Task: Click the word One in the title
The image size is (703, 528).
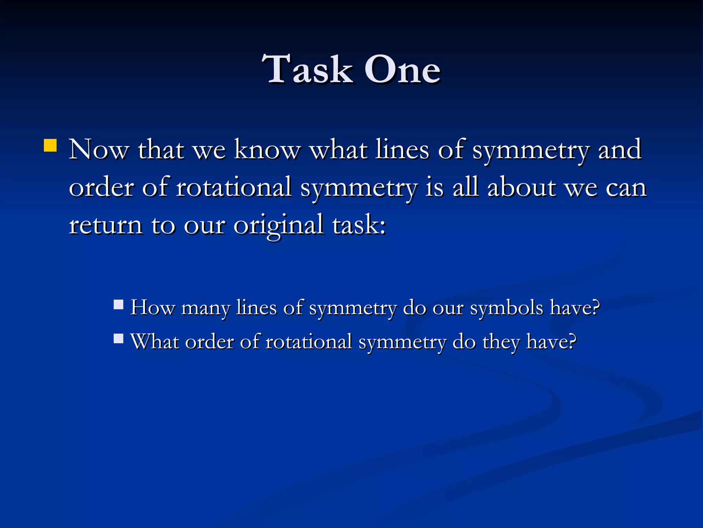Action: [x=402, y=70]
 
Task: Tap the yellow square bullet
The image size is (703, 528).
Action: [x=50, y=145]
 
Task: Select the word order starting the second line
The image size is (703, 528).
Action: [x=101, y=188]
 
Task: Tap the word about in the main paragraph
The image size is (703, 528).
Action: [x=521, y=188]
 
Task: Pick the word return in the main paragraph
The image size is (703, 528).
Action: [x=105, y=225]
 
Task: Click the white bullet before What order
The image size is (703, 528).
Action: [x=118, y=339]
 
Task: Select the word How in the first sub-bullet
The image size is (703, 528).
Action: [x=152, y=307]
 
